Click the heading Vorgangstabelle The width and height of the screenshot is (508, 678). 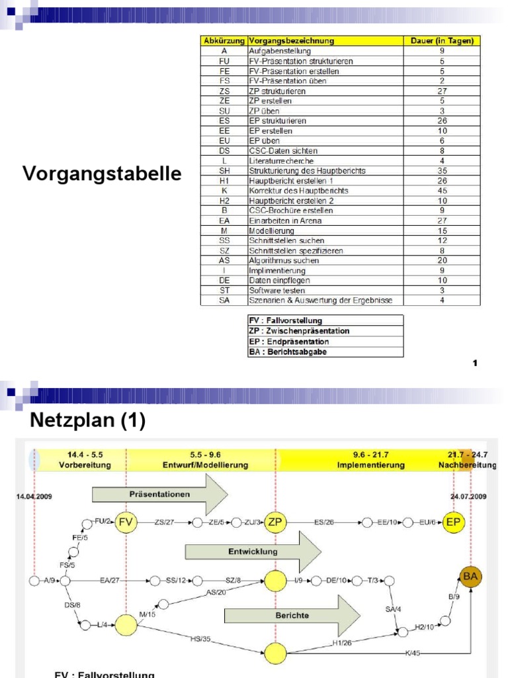coord(101,174)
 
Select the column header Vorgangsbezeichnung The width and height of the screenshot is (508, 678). coord(291,41)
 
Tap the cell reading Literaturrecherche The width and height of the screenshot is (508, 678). coord(281,161)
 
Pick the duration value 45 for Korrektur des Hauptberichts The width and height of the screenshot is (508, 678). coord(442,191)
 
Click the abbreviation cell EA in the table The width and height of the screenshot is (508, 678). coord(224,220)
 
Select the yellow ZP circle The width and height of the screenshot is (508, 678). coord(275,522)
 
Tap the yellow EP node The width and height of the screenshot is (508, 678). coord(454,522)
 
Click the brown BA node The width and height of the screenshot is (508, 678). coord(470,576)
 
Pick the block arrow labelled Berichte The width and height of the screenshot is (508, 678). coord(292,615)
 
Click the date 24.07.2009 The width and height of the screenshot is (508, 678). coord(468,495)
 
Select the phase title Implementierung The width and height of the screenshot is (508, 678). coord(370,465)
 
